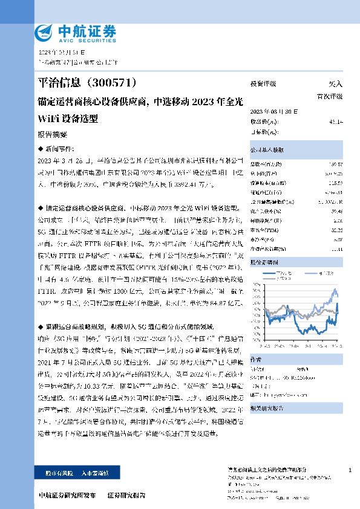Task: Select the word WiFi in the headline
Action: pos(49,118)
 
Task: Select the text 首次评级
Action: pos(329,96)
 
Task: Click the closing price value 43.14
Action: pos(336,122)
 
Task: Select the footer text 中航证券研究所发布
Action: pos(67,496)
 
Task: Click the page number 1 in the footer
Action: pos(350,470)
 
